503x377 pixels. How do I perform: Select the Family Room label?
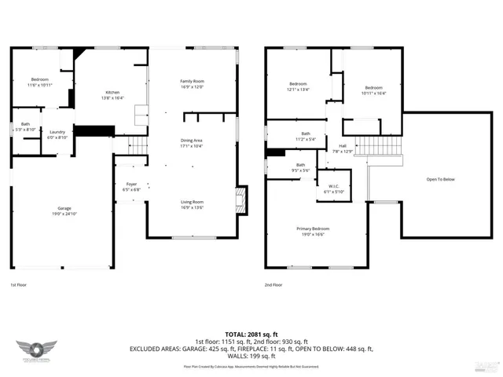192,82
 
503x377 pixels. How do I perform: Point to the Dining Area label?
192,141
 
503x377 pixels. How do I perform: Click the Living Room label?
192,202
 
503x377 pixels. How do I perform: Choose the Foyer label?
131,185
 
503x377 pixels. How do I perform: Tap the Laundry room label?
57,132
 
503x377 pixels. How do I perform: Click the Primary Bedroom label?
313,229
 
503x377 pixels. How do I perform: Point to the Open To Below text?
441,179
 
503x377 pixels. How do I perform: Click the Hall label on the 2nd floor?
343,146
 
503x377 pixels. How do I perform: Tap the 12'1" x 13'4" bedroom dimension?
298,90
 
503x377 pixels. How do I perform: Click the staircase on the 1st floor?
138,145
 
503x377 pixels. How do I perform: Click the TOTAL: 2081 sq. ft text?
251,334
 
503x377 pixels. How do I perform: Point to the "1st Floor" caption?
19,285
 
